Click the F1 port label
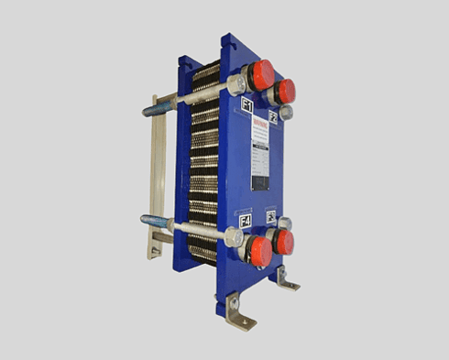pyautogui.click(x=246, y=106)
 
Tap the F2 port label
pyautogui.click(x=273, y=116)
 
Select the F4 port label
pyautogui.click(x=245, y=221)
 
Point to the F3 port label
pyautogui.click(x=270, y=216)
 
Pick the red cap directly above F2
pyautogui.click(x=285, y=90)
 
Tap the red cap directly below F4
pyautogui.click(x=260, y=251)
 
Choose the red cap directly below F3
pyautogui.click(x=283, y=242)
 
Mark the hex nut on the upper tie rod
pyautogui.click(x=235, y=86)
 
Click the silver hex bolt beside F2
pyautogui.click(x=286, y=112)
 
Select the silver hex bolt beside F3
pyautogui.click(x=285, y=223)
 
